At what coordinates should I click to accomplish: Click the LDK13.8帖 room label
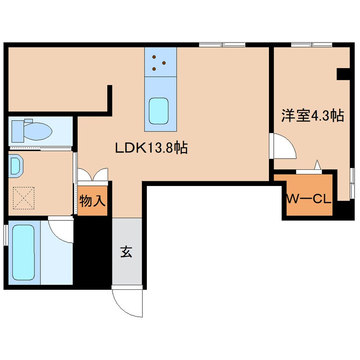151,148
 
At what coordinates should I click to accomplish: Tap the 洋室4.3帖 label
312,116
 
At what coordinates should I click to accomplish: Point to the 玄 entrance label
126,252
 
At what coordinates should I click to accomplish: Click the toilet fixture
32,130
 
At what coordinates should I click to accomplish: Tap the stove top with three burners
160,62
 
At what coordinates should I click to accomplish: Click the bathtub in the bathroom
23,252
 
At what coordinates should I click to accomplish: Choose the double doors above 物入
93,175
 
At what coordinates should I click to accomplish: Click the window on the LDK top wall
222,44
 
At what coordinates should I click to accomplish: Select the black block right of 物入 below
92,251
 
